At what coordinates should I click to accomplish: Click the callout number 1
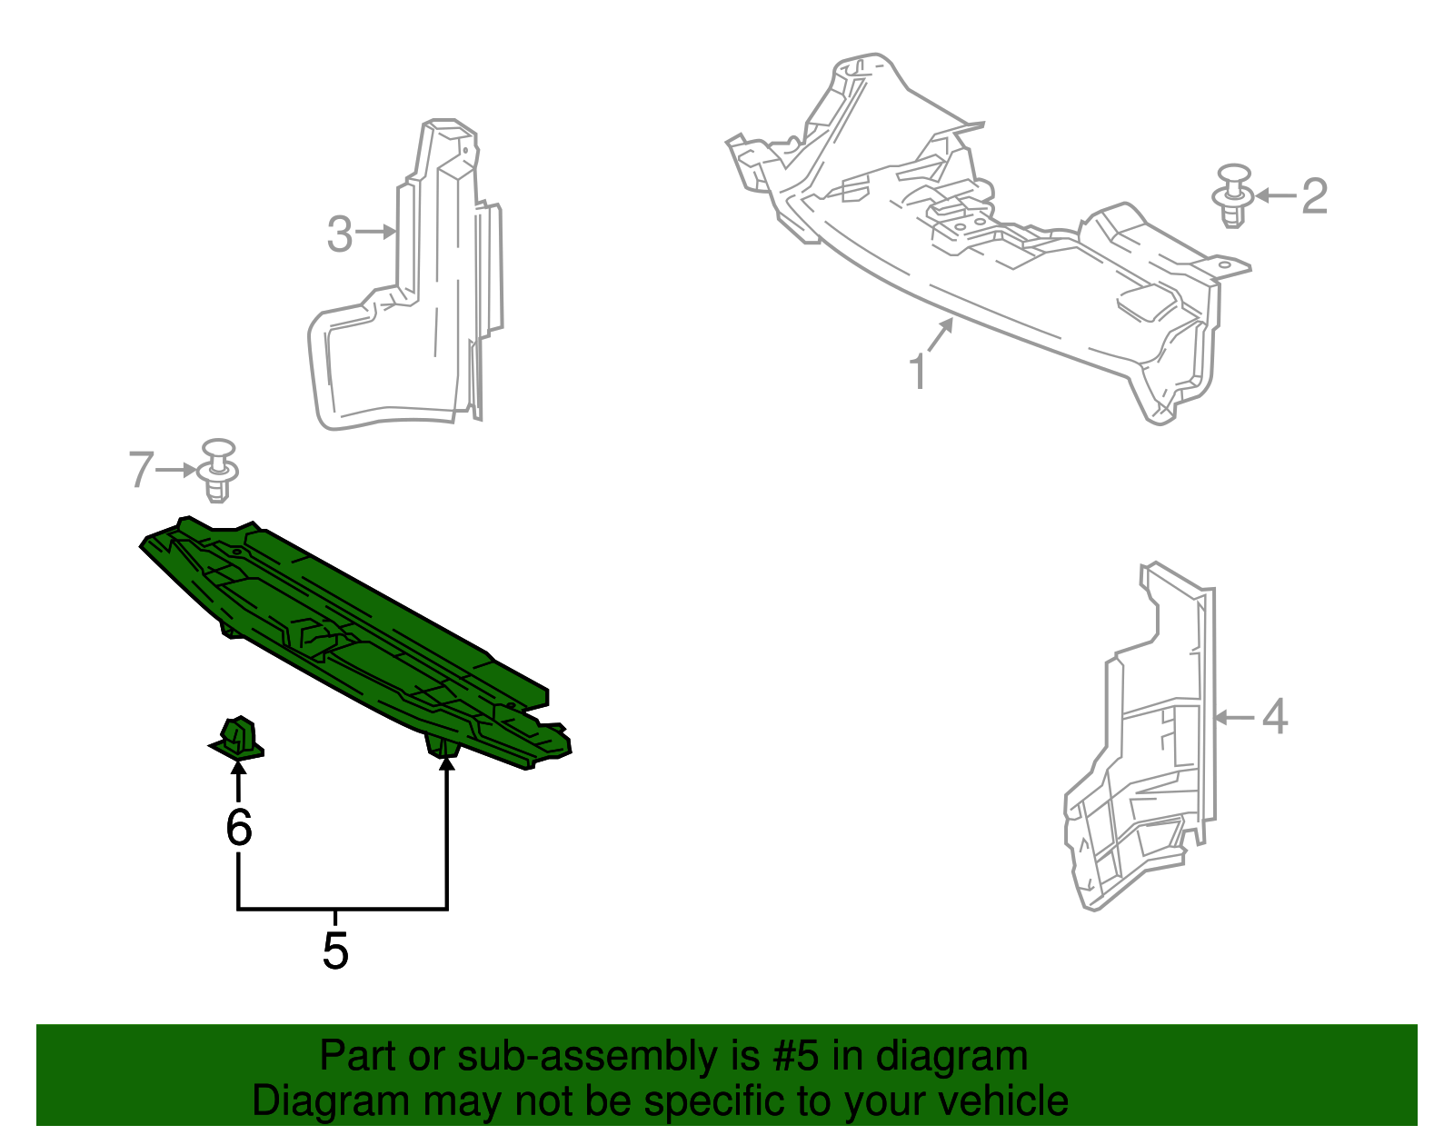919,372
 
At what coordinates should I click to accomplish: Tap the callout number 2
1314,196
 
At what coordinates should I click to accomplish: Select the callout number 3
339,234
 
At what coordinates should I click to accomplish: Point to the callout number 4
1275,717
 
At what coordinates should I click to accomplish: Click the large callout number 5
335,951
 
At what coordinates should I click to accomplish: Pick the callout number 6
238,827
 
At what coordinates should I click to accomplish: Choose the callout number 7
141,470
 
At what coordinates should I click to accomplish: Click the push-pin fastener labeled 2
1233,195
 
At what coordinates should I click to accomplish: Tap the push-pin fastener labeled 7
218,470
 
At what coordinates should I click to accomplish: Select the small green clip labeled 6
238,737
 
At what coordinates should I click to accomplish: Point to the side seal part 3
409,300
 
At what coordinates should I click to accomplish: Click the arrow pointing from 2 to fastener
1276,195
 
